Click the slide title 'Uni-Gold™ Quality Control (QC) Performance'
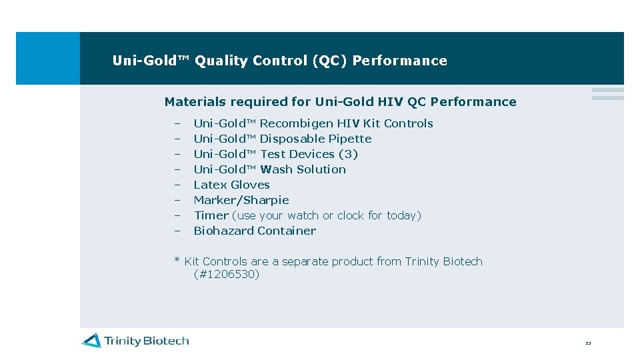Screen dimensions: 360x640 pos(279,61)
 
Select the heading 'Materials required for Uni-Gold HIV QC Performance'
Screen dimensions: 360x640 pos(340,102)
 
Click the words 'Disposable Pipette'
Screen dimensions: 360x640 pos(315,139)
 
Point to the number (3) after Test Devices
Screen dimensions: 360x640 pos(348,154)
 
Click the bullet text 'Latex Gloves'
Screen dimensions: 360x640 pos(231,185)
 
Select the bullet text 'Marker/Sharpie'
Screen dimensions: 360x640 pos(241,200)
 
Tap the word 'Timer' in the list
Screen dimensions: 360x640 pos(211,215)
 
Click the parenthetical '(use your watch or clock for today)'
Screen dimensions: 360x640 pos(327,215)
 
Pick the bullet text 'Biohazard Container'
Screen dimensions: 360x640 pos(255,231)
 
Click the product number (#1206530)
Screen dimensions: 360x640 pos(226,274)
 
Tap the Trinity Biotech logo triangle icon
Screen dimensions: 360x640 pos(91,341)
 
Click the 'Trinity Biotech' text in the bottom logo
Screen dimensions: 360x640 pos(146,341)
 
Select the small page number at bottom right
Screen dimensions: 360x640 pos(588,343)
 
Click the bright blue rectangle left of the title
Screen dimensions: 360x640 pos(47,58)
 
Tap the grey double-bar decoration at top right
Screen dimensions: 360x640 pos(607,94)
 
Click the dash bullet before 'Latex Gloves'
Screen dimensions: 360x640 pos(178,185)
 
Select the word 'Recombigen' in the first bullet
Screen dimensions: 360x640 pos(296,123)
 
